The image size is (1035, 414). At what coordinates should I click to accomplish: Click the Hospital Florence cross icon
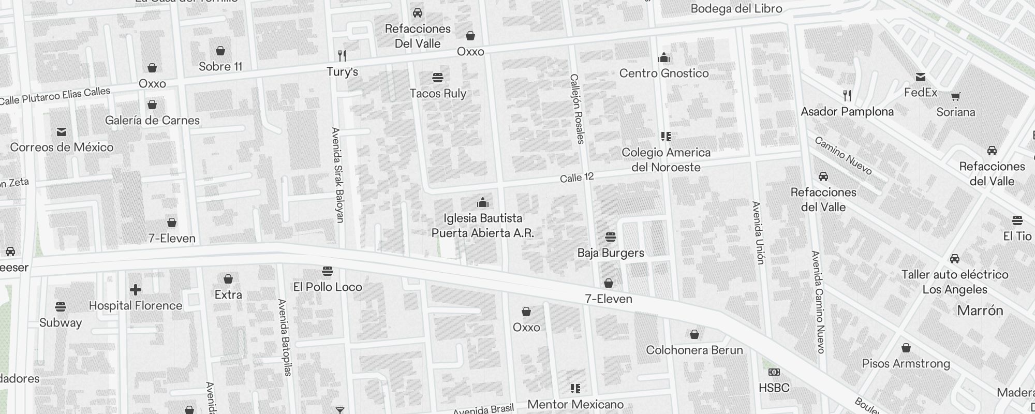pyautogui.click(x=136, y=290)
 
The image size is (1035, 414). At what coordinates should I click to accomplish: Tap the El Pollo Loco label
pyautogui.click(x=328, y=287)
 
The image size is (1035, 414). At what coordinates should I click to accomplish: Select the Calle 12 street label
pyautogui.click(x=576, y=178)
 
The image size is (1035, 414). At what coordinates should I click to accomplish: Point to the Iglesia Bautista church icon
pyautogui.click(x=483, y=202)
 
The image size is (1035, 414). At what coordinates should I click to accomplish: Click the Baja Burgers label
pyautogui.click(x=611, y=253)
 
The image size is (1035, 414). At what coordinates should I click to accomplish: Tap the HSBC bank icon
pyautogui.click(x=774, y=372)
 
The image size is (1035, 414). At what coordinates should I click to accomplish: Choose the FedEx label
pyautogui.click(x=921, y=93)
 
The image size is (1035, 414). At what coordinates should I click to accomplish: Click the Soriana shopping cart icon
pyautogui.click(x=955, y=96)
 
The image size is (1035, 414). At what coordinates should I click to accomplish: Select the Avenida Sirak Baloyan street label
pyautogui.click(x=337, y=175)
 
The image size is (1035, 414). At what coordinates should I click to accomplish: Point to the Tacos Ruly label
pyautogui.click(x=438, y=94)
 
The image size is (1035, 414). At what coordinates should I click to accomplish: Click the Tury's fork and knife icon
pyautogui.click(x=342, y=55)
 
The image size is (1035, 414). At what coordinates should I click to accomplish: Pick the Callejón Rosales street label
pyautogui.click(x=576, y=109)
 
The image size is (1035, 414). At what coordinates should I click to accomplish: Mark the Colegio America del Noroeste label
pyautogui.click(x=666, y=160)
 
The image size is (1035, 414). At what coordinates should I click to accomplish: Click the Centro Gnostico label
pyautogui.click(x=664, y=73)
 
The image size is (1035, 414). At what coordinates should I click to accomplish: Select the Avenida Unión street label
pyautogui.click(x=758, y=232)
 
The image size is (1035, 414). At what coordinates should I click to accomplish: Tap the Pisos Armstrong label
pyautogui.click(x=906, y=364)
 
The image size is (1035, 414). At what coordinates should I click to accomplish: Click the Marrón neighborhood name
pyautogui.click(x=980, y=310)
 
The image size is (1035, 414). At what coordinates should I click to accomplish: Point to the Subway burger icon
pyautogui.click(x=61, y=306)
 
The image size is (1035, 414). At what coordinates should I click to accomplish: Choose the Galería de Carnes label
pyautogui.click(x=152, y=121)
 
